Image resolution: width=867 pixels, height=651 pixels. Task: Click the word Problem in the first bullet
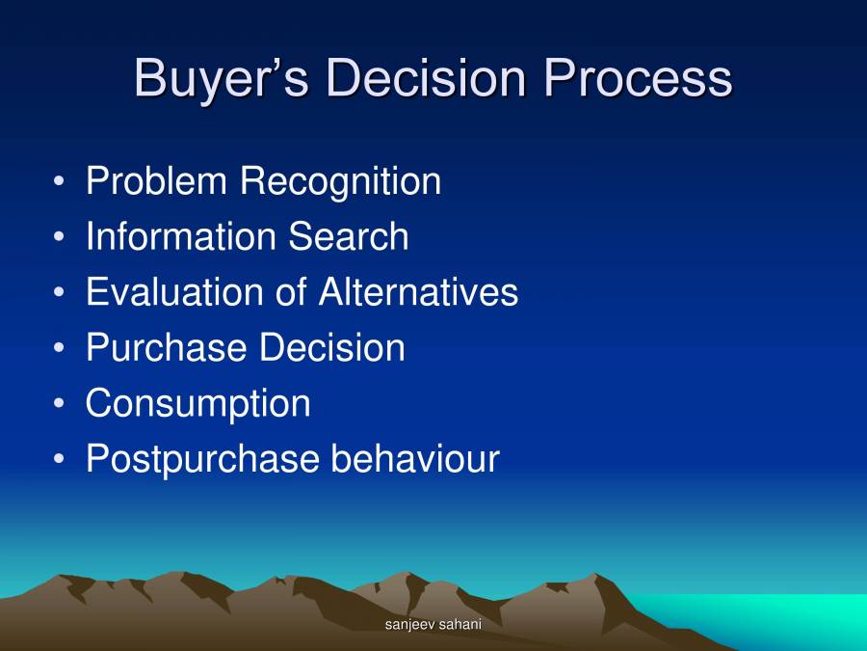157,181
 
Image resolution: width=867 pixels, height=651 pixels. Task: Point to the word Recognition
340,181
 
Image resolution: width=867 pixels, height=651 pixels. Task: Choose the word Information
168,237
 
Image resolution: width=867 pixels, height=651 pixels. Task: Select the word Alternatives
418,292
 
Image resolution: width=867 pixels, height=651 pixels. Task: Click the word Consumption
197,403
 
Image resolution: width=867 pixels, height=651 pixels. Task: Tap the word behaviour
415,459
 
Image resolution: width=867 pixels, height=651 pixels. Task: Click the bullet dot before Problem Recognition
61,181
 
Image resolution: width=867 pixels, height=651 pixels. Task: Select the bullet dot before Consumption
61,403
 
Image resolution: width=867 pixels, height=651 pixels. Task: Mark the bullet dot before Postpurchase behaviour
61,459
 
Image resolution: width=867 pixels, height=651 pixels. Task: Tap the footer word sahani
460,625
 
